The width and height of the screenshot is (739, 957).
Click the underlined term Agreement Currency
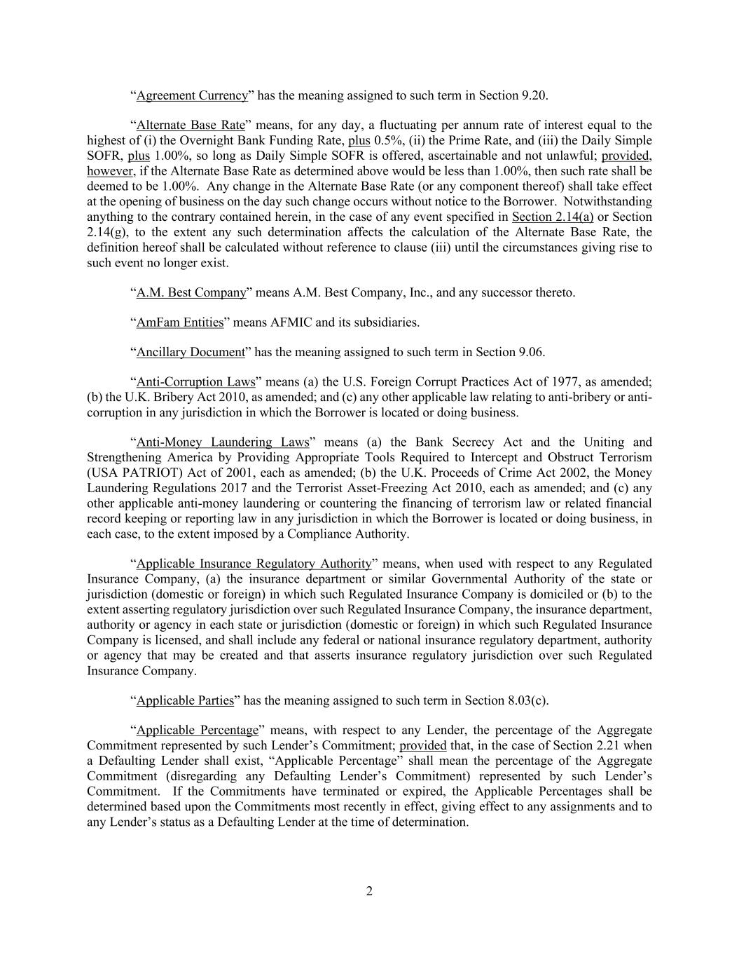click(x=192, y=95)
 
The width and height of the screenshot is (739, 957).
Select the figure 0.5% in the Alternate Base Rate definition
click(x=386, y=140)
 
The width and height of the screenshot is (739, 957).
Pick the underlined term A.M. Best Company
click(x=191, y=292)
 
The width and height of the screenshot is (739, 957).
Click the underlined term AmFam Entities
click(x=180, y=323)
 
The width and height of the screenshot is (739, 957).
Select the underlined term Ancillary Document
click(x=191, y=352)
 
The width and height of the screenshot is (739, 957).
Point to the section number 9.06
click(x=532, y=352)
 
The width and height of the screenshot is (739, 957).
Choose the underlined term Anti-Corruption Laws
click(x=195, y=382)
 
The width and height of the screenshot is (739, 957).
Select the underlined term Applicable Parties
click(x=185, y=700)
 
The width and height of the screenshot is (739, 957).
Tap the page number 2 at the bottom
click(x=369, y=891)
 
